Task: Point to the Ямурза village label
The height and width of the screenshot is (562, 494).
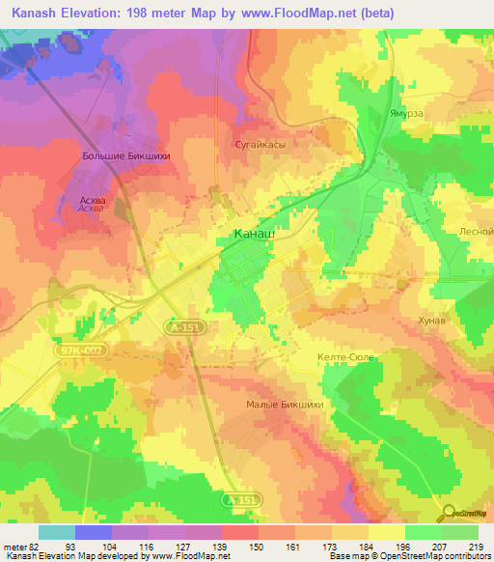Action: (407, 112)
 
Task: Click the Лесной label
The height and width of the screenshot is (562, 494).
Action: (477, 232)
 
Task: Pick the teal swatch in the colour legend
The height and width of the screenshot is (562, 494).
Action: (57, 532)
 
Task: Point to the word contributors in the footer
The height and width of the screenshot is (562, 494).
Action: (464, 556)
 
